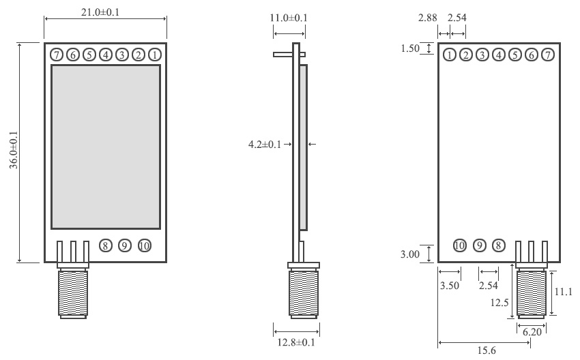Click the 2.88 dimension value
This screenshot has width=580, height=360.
pyautogui.click(x=428, y=17)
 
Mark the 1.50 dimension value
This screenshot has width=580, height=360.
pyautogui.click(x=410, y=48)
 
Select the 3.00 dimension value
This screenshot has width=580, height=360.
pyautogui.click(x=410, y=254)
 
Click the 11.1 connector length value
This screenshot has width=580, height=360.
pyautogui.click(x=563, y=292)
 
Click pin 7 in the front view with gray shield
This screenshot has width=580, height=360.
pyautogui.click(x=56, y=55)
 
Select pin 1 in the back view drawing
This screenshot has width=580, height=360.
pyautogui.click(x=450, y=55)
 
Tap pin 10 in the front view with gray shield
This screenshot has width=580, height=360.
pyautogui.click(x=144, y=245)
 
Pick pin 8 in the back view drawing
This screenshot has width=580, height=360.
pyautogui.click(x=499, y=245)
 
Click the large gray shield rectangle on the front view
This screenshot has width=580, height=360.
pyautogui.click(x=106, y=147)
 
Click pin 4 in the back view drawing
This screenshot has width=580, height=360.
pyautogui.click(x=499, y=55)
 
